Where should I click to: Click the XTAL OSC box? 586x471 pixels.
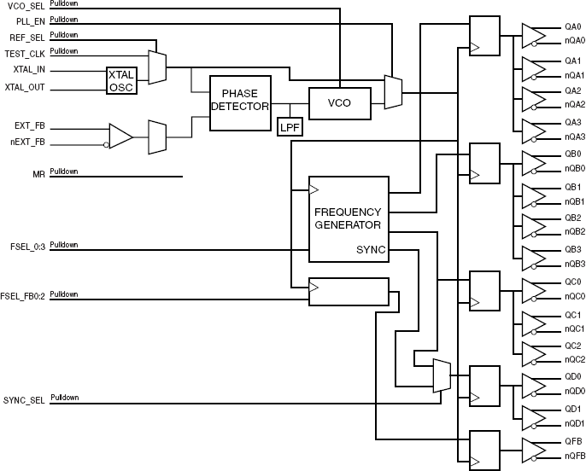click(120, 81)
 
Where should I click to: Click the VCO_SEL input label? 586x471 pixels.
click(24, 6)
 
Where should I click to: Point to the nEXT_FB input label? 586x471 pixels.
click(28, 142)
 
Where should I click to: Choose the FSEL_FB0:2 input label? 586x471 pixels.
click(22, 295)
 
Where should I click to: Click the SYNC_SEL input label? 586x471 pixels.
click(23, 399)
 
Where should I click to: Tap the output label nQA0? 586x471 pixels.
click(574, 40)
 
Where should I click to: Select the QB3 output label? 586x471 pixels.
click(572, 249)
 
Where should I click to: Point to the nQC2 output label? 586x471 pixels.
click(574, 360)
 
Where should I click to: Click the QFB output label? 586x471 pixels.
click(572, 440)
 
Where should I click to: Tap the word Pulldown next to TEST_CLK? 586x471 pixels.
click(64, 51)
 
